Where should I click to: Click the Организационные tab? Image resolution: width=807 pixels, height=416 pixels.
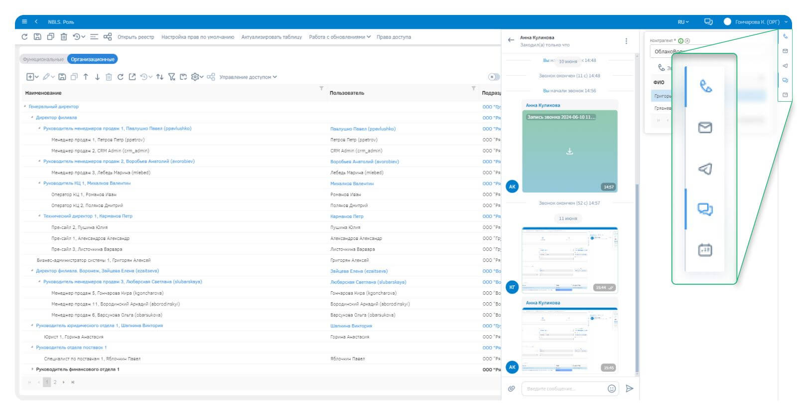pos(93,59)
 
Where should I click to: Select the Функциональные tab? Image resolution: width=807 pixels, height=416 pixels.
pos(43,59)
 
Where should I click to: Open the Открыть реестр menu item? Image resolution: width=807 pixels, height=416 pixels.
pos(135,37)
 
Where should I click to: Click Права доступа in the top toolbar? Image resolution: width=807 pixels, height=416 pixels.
pos(394,37)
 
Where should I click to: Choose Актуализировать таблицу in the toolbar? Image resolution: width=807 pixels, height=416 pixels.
pos(271,37)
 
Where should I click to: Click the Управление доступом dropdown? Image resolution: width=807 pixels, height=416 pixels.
pos(248,77)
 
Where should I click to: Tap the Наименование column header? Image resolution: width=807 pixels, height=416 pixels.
pos(43,93)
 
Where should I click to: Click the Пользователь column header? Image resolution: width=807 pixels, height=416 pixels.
pos(347,93)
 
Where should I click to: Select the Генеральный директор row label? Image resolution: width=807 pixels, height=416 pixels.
pos(54,107)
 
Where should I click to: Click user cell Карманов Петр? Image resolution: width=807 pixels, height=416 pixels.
pos(347,216)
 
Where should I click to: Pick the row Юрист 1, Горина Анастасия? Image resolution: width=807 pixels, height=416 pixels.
pos(74,337)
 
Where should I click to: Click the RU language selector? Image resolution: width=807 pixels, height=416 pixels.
pos(683,22)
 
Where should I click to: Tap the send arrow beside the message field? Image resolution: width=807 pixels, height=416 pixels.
pos(630,389)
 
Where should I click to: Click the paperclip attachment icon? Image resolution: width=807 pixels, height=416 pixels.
pos(511,389)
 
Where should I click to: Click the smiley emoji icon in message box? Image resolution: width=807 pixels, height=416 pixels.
pos(612,389)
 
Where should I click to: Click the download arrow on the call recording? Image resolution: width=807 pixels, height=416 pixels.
pos(569,151)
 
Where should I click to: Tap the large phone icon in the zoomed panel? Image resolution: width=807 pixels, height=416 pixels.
pos(705,87)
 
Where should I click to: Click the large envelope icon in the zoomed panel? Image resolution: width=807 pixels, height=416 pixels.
pos(705,128)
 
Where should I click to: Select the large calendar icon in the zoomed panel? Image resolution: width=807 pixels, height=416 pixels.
pos(705,250)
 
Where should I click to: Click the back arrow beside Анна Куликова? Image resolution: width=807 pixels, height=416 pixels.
pos(511,40)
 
